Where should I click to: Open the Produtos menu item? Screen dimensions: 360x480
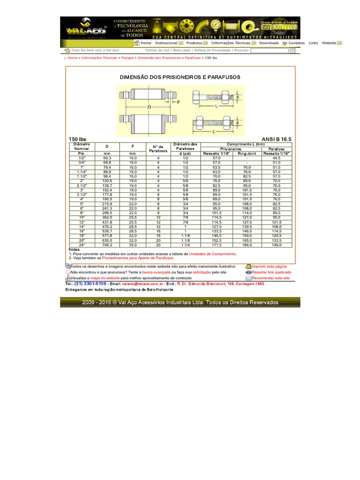[194, 43]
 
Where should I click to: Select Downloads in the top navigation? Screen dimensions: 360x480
[269, 43]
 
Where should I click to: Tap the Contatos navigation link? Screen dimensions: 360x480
[296, 43]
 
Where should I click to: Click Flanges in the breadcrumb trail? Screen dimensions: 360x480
[127, 58]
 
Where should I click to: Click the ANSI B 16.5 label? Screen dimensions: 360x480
[277, 140]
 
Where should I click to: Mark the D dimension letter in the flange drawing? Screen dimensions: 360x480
[149, 107]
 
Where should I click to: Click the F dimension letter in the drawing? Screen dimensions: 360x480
[179, 101]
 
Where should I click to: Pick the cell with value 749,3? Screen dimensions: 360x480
[107, 245]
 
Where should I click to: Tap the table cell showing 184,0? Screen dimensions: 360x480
[247, 245]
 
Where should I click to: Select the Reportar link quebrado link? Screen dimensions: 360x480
[271, 272]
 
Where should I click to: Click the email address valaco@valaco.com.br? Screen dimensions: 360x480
[142, 284]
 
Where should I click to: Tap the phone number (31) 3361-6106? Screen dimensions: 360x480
[90, 284]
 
